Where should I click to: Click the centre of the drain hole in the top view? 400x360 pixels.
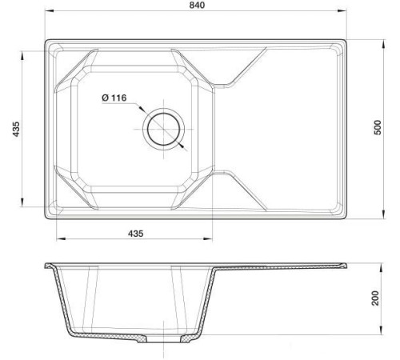165,128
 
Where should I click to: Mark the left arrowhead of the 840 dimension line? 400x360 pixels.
46,12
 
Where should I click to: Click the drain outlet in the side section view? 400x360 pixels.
165,341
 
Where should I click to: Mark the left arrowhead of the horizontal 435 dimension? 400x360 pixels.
58,238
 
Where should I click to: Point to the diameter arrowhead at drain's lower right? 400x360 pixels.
183,146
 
